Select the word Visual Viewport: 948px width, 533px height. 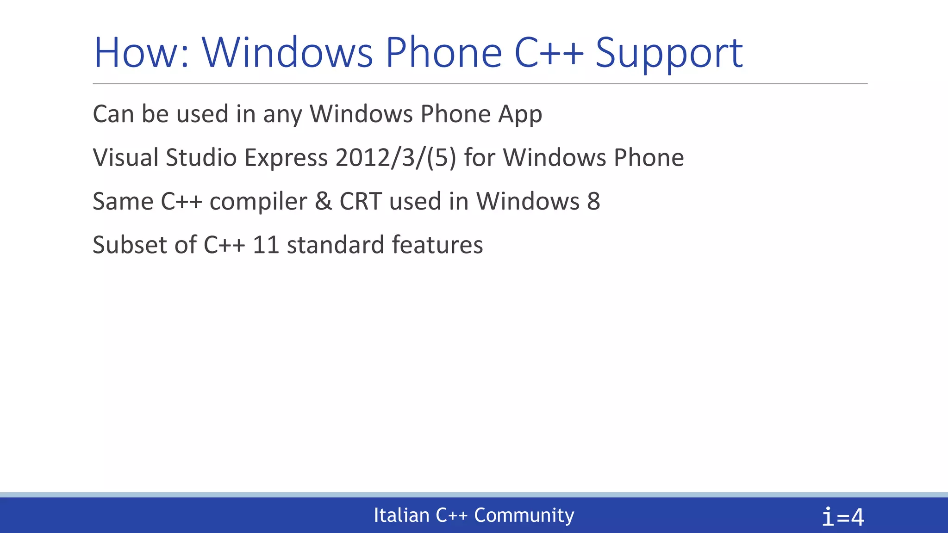(x=125, y=157)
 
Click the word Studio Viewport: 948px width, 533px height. (x=201, y=157)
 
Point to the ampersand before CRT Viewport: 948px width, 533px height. (x=323, y=201)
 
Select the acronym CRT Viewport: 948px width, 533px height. (x=361, y=201)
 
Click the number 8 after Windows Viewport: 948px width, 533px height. (x=593, y=201)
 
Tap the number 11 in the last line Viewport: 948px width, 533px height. (x=266, y=245)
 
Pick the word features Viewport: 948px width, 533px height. (x=437, y=245)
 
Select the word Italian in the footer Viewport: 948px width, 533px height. (x=401, y=515)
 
